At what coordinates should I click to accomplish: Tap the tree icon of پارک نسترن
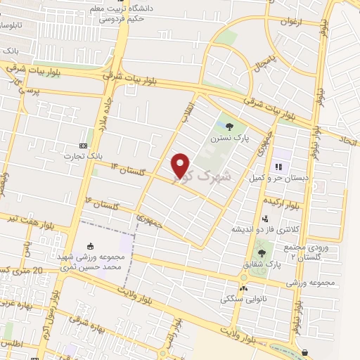(x=231, y=126)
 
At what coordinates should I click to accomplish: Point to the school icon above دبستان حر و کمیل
(x=278, y=167)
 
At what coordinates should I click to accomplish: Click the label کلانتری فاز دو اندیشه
(x=264, y=229)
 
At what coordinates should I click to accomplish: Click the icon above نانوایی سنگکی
(x=243, y=287)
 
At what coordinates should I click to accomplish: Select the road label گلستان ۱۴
(x=123, y=167)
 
